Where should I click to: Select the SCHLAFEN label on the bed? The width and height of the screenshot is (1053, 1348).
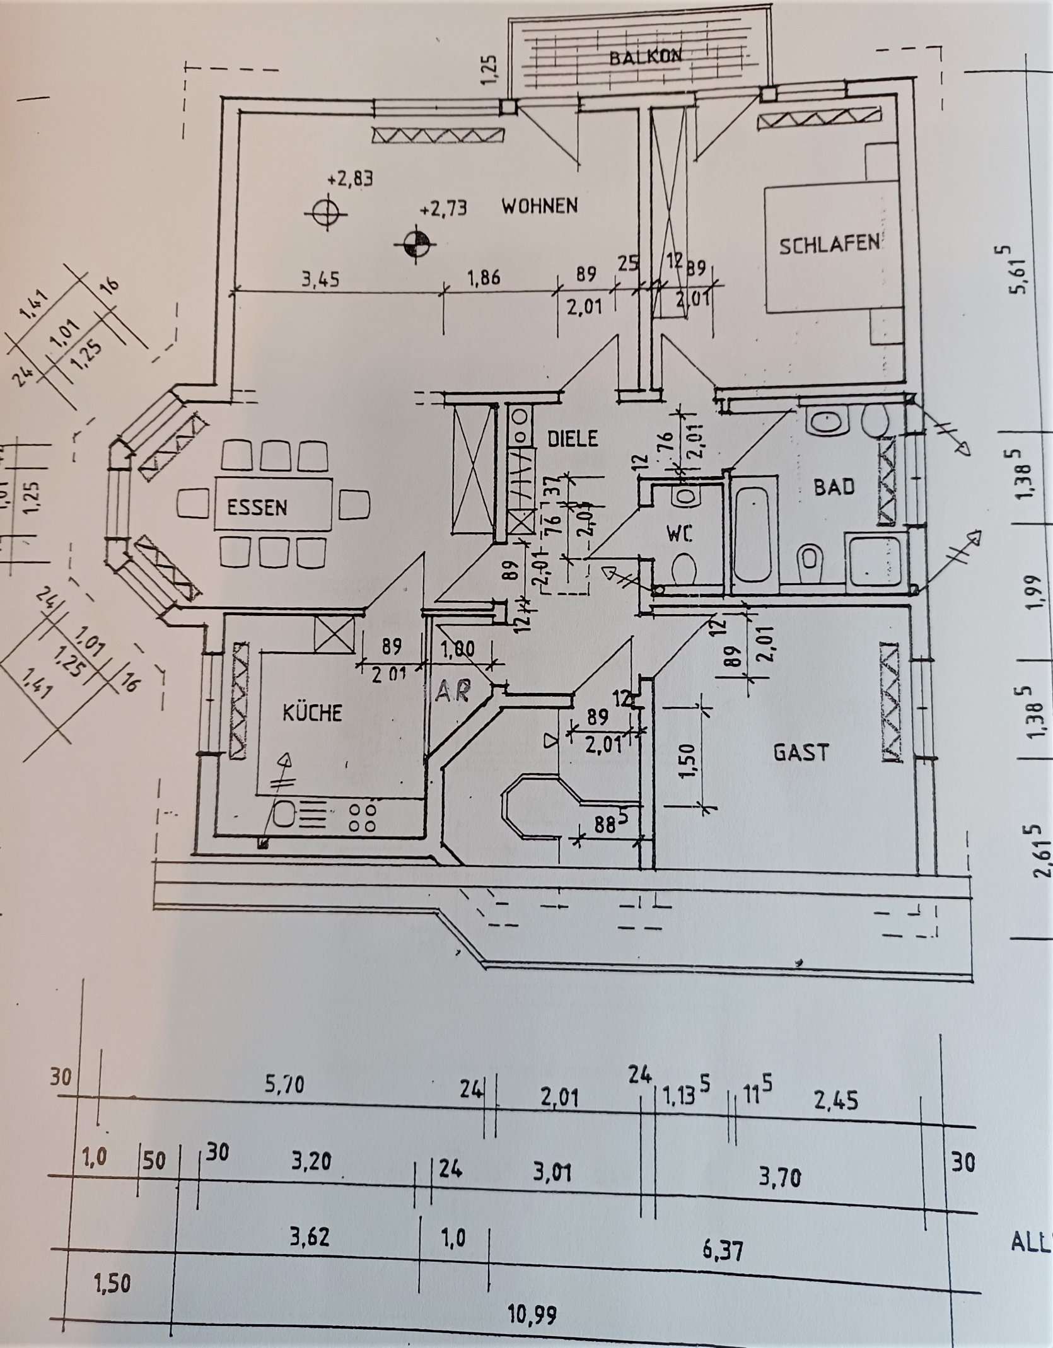pos(829,245)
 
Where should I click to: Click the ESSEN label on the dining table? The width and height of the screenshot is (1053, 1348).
pos(257,507)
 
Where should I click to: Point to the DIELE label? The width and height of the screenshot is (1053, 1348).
pos(572,438)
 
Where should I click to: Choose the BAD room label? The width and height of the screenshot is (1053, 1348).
pos(834,487)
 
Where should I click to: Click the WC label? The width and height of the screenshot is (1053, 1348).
pos(680,535)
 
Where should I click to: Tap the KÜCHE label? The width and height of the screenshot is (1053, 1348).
pos(311,713)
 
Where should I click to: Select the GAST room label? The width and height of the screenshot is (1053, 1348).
pos(800,752)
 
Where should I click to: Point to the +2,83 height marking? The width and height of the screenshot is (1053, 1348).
pos(350,178)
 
